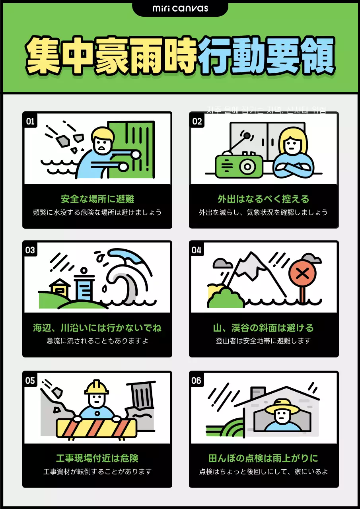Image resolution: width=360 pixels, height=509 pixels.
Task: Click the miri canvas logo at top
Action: pyautogui.click(x=180, y=8)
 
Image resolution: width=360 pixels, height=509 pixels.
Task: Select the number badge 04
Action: pyautogui.click(x=197, y=250)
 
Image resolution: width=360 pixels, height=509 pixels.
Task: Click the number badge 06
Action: pyautogui.click(x=197, y=381)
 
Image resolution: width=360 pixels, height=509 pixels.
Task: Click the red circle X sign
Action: pyautogui.click(x=302, y=274)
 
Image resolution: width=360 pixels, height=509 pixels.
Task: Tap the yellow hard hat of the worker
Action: pyautogui.click(x=96, y=387)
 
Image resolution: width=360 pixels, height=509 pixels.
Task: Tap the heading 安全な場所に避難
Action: pyautogui.click(x=97, y=199)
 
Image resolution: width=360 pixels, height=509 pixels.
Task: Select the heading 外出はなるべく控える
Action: pyautogui.click(x=263, y=199)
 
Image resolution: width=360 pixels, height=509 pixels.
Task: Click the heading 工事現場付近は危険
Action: pyautogui.click(x=97, y=458)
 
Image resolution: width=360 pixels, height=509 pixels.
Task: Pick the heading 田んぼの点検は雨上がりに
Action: pyautogui.click(x=263, y=458)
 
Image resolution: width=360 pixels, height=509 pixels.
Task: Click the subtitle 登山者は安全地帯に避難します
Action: pyautogui.click(x=263, y=341)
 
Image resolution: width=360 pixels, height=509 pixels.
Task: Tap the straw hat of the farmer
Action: pyautogui.click(x=281, y=406)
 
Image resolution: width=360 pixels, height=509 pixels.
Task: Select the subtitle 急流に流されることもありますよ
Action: pyautogui.click(x=97, y=341)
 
